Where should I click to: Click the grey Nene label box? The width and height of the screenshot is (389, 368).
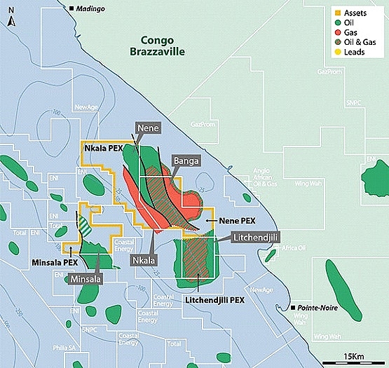[x=149, y=128]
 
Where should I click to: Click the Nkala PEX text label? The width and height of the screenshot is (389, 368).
[x=103, y=148]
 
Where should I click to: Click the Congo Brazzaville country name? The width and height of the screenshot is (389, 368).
[x=165, y=46]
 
